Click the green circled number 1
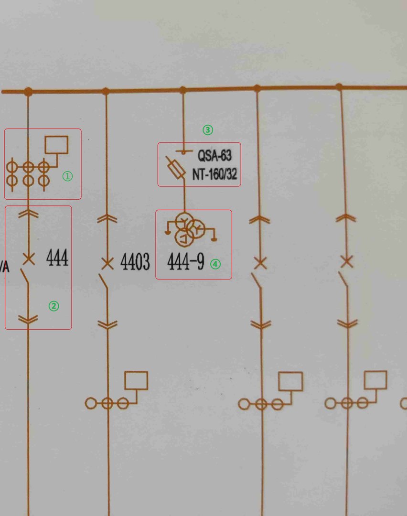pos(67,176)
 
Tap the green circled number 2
pos(54,306)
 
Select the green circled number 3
pos(208,130)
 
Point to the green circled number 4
pos(215,264)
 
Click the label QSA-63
pos(214,156)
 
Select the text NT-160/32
pos(214,174)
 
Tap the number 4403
pos(135,262)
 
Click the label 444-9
pos(185,262)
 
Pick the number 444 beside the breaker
pos(57,258)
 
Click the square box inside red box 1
pos(56,145)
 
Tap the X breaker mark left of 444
pos(29,259)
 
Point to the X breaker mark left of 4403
pos(107,264)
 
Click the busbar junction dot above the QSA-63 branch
pos(183,89)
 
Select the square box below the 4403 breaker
pos(136,380)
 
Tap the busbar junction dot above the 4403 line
pos(106,91)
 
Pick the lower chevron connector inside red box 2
pos(28,319)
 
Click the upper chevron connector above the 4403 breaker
pos(107,218)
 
